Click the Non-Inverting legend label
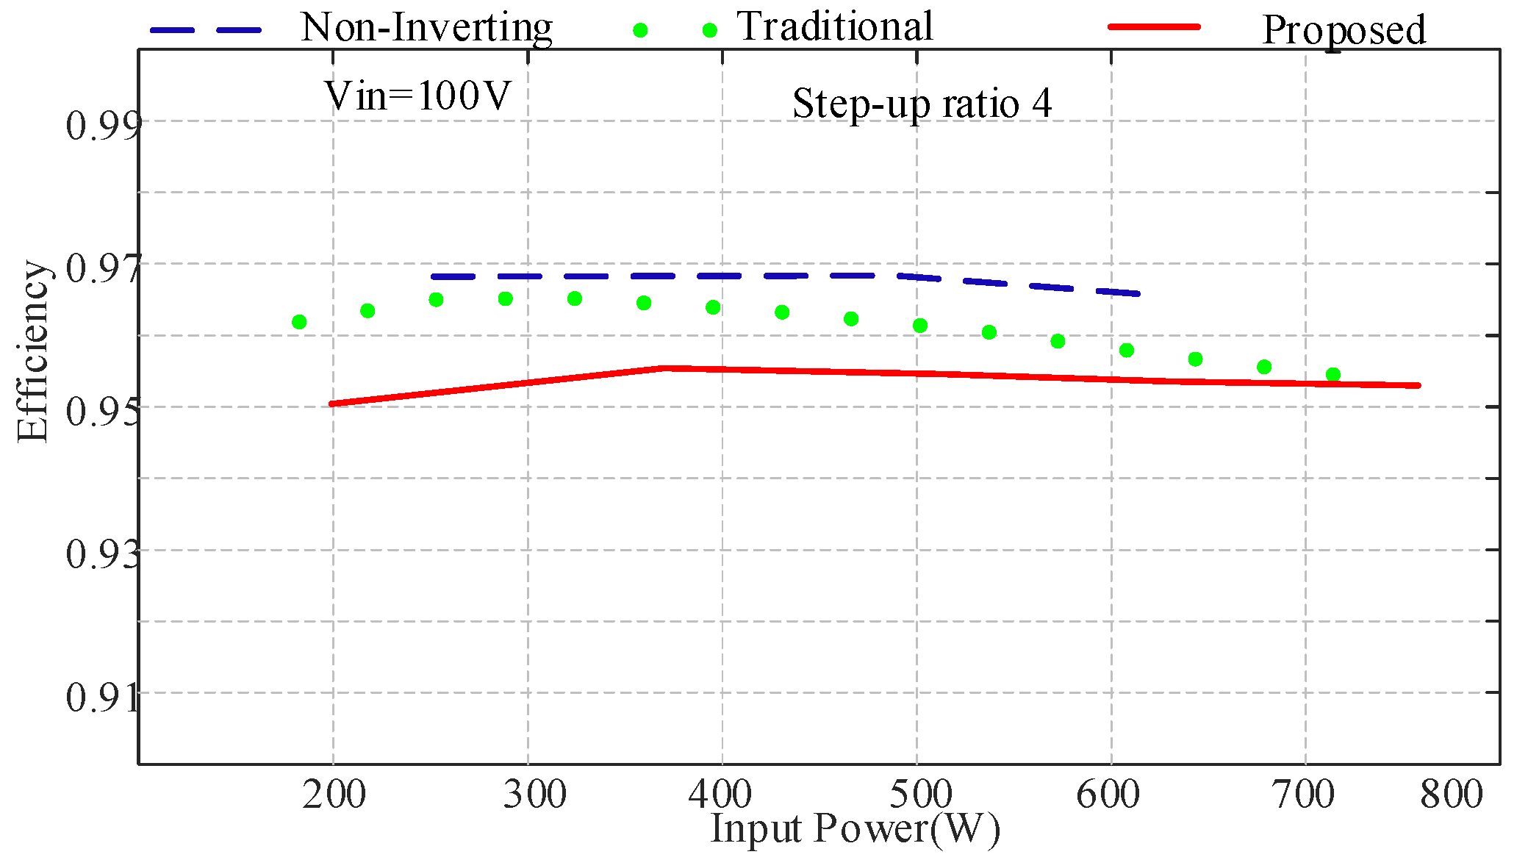click(x=426, y=28)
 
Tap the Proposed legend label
click(x=1344, y=31)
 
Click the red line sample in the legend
click(x=1154, y=26)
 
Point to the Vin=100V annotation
click(x=417, y=96)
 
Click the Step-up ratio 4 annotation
click(x=922, y=104)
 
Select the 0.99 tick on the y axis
click(x=101, y=125)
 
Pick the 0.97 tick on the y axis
click(x=101, y=268)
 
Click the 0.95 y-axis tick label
click(x=101, y=411)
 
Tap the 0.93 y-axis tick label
click(x=101, y=553)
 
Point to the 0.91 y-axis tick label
click(x=101, y=697)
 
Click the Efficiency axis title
click(x=32, y=351)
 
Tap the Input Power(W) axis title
click(x=856, y=829)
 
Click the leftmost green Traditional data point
click(x=299, y=322)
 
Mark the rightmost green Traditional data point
click(x=1332, y=375)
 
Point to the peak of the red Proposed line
click(x=665, y=368)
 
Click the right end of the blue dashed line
click(x=1138, y=293)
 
